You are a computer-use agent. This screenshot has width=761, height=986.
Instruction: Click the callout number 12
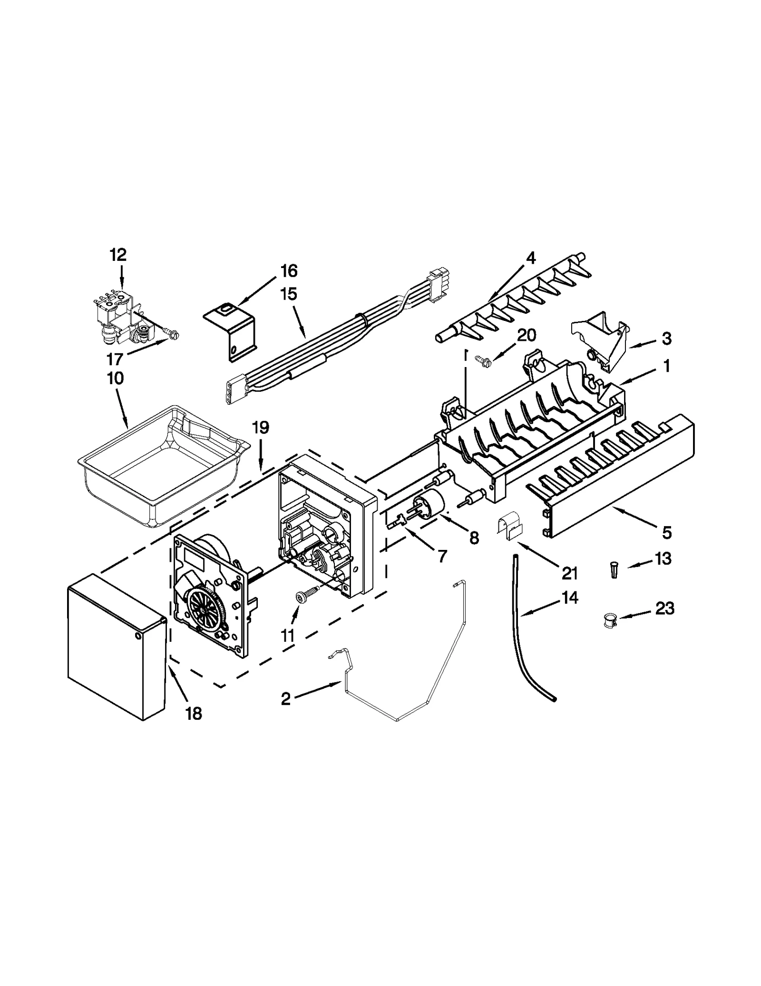118,255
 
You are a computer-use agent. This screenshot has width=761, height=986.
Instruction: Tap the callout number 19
260,428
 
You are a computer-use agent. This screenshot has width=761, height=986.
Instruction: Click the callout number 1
666,366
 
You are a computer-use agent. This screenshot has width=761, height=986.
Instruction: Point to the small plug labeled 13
614,569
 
